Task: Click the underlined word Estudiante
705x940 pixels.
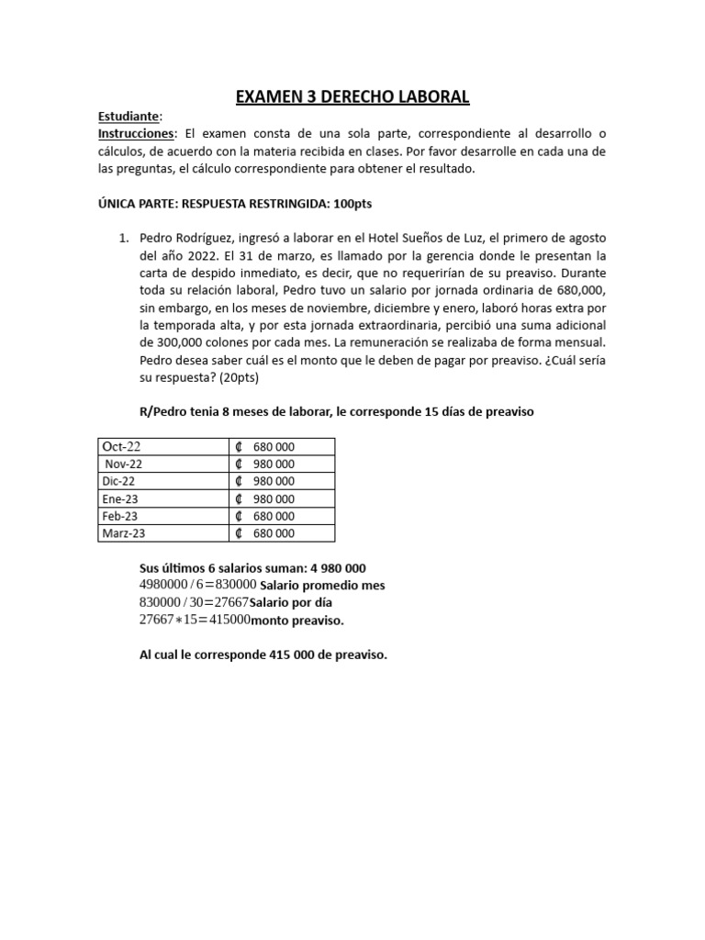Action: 129,117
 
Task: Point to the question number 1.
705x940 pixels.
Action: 124,238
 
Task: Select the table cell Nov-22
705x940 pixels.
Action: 124,464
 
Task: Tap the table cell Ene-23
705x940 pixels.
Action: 121,499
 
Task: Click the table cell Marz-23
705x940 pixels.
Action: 125,533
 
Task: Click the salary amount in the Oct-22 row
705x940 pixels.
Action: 274,447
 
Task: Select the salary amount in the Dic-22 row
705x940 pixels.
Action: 274,482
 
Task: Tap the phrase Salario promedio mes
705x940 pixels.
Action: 323,586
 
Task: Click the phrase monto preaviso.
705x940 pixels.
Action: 297,621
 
